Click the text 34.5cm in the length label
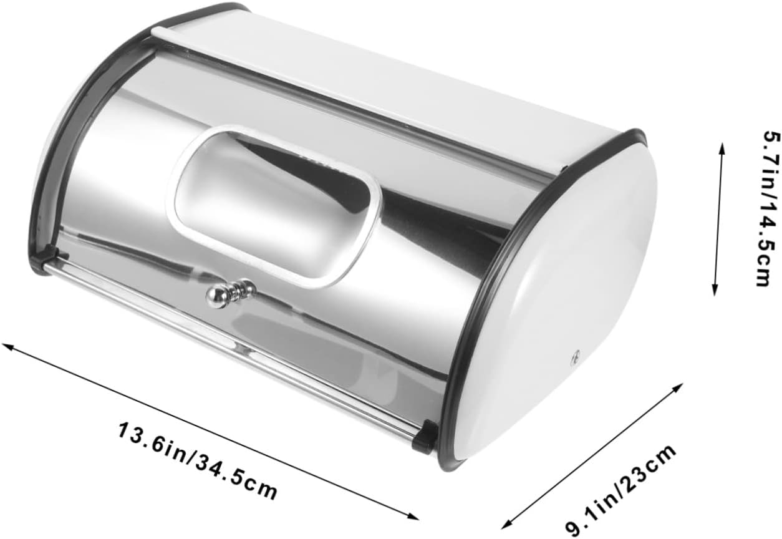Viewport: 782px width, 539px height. pyautogui.click(x=236, y=477)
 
